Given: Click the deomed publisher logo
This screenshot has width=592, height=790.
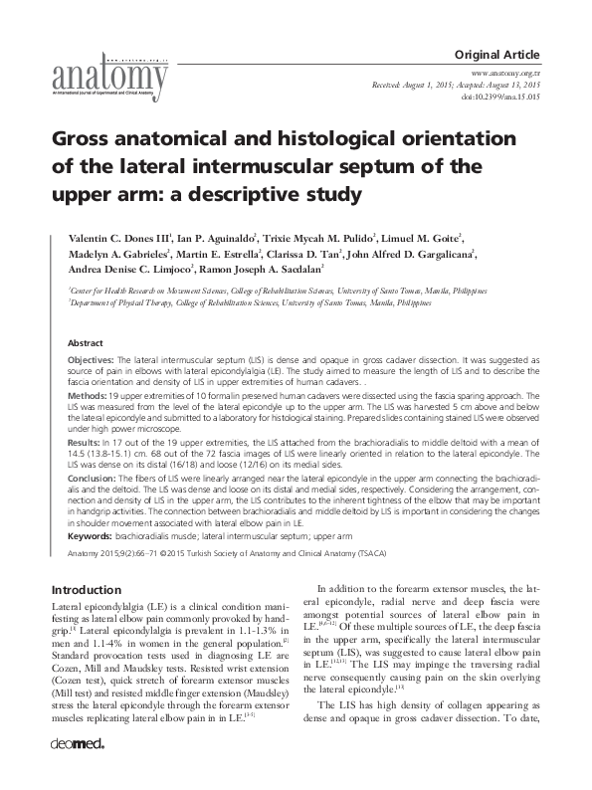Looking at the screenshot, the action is pos(73,770).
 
